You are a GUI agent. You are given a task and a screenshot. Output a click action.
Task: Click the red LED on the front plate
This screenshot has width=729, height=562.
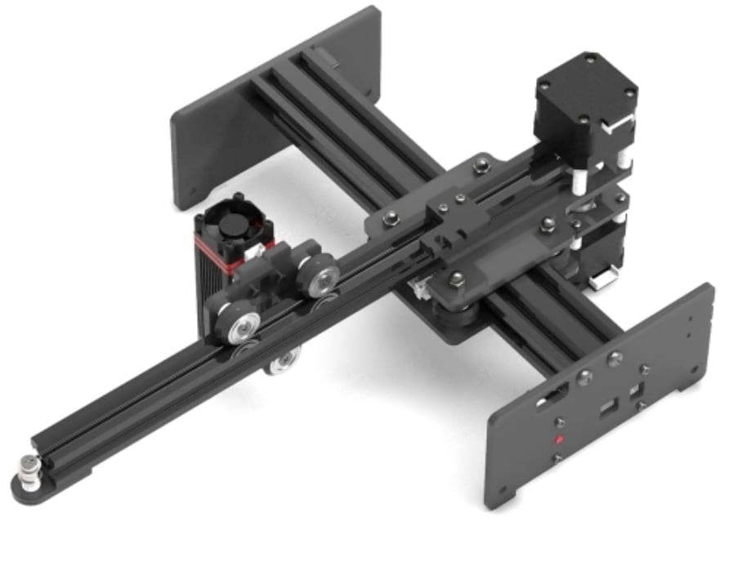[x=559, y=440]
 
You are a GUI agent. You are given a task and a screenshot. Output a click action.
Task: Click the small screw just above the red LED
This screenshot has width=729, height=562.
[x=560, y=422]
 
